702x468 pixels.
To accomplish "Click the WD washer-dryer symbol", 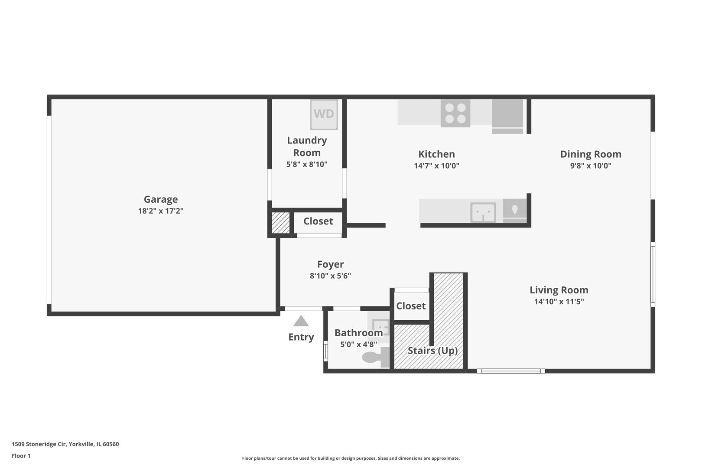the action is click(324, 114).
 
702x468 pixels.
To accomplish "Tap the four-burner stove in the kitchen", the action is click(455, 113).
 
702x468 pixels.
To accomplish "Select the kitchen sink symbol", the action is click(483, 212).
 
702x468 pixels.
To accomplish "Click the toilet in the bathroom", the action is click(375, 357).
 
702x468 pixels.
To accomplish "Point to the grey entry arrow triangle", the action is click(301, 321).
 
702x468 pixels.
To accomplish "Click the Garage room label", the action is click(161, 199).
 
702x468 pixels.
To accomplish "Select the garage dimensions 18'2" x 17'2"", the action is click(161, 211).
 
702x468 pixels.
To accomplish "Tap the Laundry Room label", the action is click(307, 146).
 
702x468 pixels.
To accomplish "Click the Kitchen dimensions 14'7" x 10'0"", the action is click(436, 166).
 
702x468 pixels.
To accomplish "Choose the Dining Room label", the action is click(591, 154).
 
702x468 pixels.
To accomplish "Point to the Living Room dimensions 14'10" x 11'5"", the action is click(559, 302).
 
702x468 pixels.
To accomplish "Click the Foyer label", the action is click(330, 264).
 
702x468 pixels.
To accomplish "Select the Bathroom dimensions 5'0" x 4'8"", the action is click(358, 344).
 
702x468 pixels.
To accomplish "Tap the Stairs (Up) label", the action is click(432, 351).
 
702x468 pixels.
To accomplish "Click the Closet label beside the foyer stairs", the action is click(411, 306).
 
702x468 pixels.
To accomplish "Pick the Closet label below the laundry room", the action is click(318, 221).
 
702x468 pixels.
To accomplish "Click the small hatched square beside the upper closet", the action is click(280, 223).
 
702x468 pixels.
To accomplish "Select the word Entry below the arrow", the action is click(301, 337).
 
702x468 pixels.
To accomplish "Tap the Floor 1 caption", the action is click(21, 456).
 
